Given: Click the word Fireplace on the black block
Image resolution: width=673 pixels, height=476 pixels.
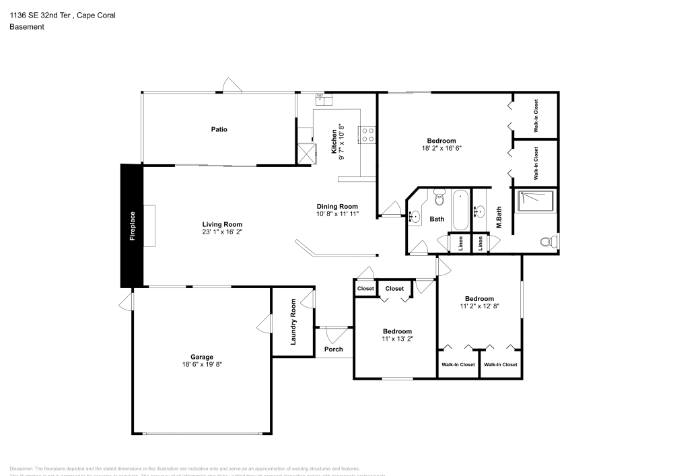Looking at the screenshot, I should click(x=133, y=226).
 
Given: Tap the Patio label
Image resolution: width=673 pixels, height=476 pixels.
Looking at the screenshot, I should click(x=219, y=129).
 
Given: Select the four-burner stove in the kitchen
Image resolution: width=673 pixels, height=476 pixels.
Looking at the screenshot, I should click(x=368, y=135).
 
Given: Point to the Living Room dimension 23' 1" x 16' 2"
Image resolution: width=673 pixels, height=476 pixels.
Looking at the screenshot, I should click(x=222, y=232).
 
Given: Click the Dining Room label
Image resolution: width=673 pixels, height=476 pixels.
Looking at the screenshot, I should click(x=337, y=206).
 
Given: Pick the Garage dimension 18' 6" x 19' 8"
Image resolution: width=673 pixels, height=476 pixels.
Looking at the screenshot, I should click(x=202, y=365).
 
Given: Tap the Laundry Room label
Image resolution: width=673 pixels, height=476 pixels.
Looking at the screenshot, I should click(x=293, y=322).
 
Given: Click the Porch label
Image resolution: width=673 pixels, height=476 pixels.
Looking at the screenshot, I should click(x=333, y=349).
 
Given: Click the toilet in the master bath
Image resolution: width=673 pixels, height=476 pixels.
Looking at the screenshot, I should click(x=547, y=241).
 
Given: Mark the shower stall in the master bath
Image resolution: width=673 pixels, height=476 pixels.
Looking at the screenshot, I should click(x=536, y=201).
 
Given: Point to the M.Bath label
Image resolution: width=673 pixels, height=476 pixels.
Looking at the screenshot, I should click(x=500, y=217).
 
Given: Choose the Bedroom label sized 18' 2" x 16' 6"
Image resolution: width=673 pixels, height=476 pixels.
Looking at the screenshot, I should click(x=441, y=140).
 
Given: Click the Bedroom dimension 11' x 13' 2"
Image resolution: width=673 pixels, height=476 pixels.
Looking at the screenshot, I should click(x=397, y=339).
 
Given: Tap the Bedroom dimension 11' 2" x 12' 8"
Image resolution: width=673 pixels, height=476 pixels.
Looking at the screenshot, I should click(x=479, y=306).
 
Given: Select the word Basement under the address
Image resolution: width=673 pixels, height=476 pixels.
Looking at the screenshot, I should click(x=27, y=27).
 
